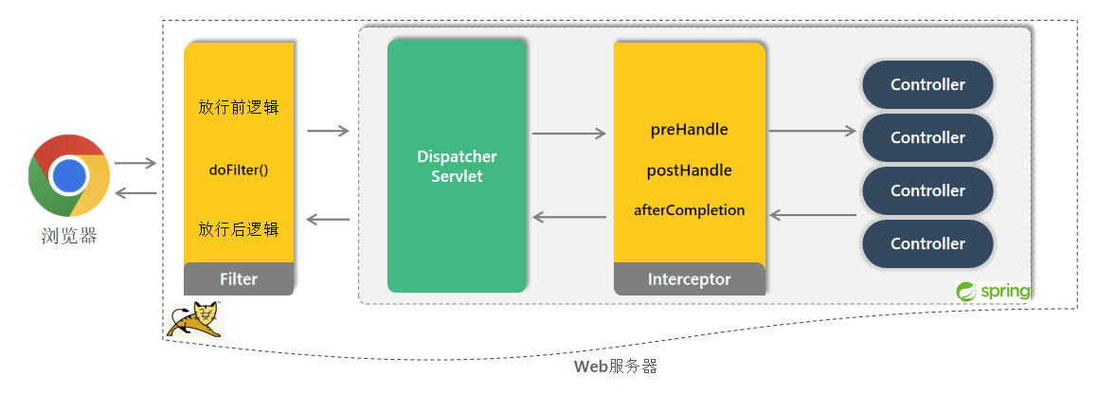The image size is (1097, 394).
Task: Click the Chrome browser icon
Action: tap(67, 175)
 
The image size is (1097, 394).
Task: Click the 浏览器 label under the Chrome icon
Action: tap(67, 235)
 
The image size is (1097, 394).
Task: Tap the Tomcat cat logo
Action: tap(194, 319)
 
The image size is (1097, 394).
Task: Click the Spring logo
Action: tap(993, 291)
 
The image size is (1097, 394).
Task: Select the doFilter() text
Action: tap(239, 170)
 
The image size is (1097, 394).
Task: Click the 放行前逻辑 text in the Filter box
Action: tap(239, 107)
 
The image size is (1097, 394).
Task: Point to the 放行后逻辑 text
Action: tap(239, 229)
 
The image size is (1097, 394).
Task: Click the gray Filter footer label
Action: tap(239, 279)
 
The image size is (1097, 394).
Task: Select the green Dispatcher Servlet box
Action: tap(457, 166)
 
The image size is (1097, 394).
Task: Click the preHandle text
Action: tap(689, 130)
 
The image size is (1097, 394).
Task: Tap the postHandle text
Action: tap(689, 170)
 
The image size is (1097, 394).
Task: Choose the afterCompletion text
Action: tap(689, 210)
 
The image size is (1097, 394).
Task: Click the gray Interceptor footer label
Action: tap(689, 279)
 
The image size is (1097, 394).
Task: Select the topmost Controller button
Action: tap(927, 84)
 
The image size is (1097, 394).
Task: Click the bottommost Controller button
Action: tap(927, 243)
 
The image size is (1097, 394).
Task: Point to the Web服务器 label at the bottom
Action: tap(615, 367)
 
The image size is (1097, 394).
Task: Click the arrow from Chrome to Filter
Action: tap(135, 164)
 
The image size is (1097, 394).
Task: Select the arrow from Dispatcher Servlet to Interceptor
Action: tap(568, 134)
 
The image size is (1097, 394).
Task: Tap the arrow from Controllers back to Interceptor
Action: tap(813, 215)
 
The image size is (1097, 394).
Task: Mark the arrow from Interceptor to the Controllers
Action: tap(813, 132)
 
